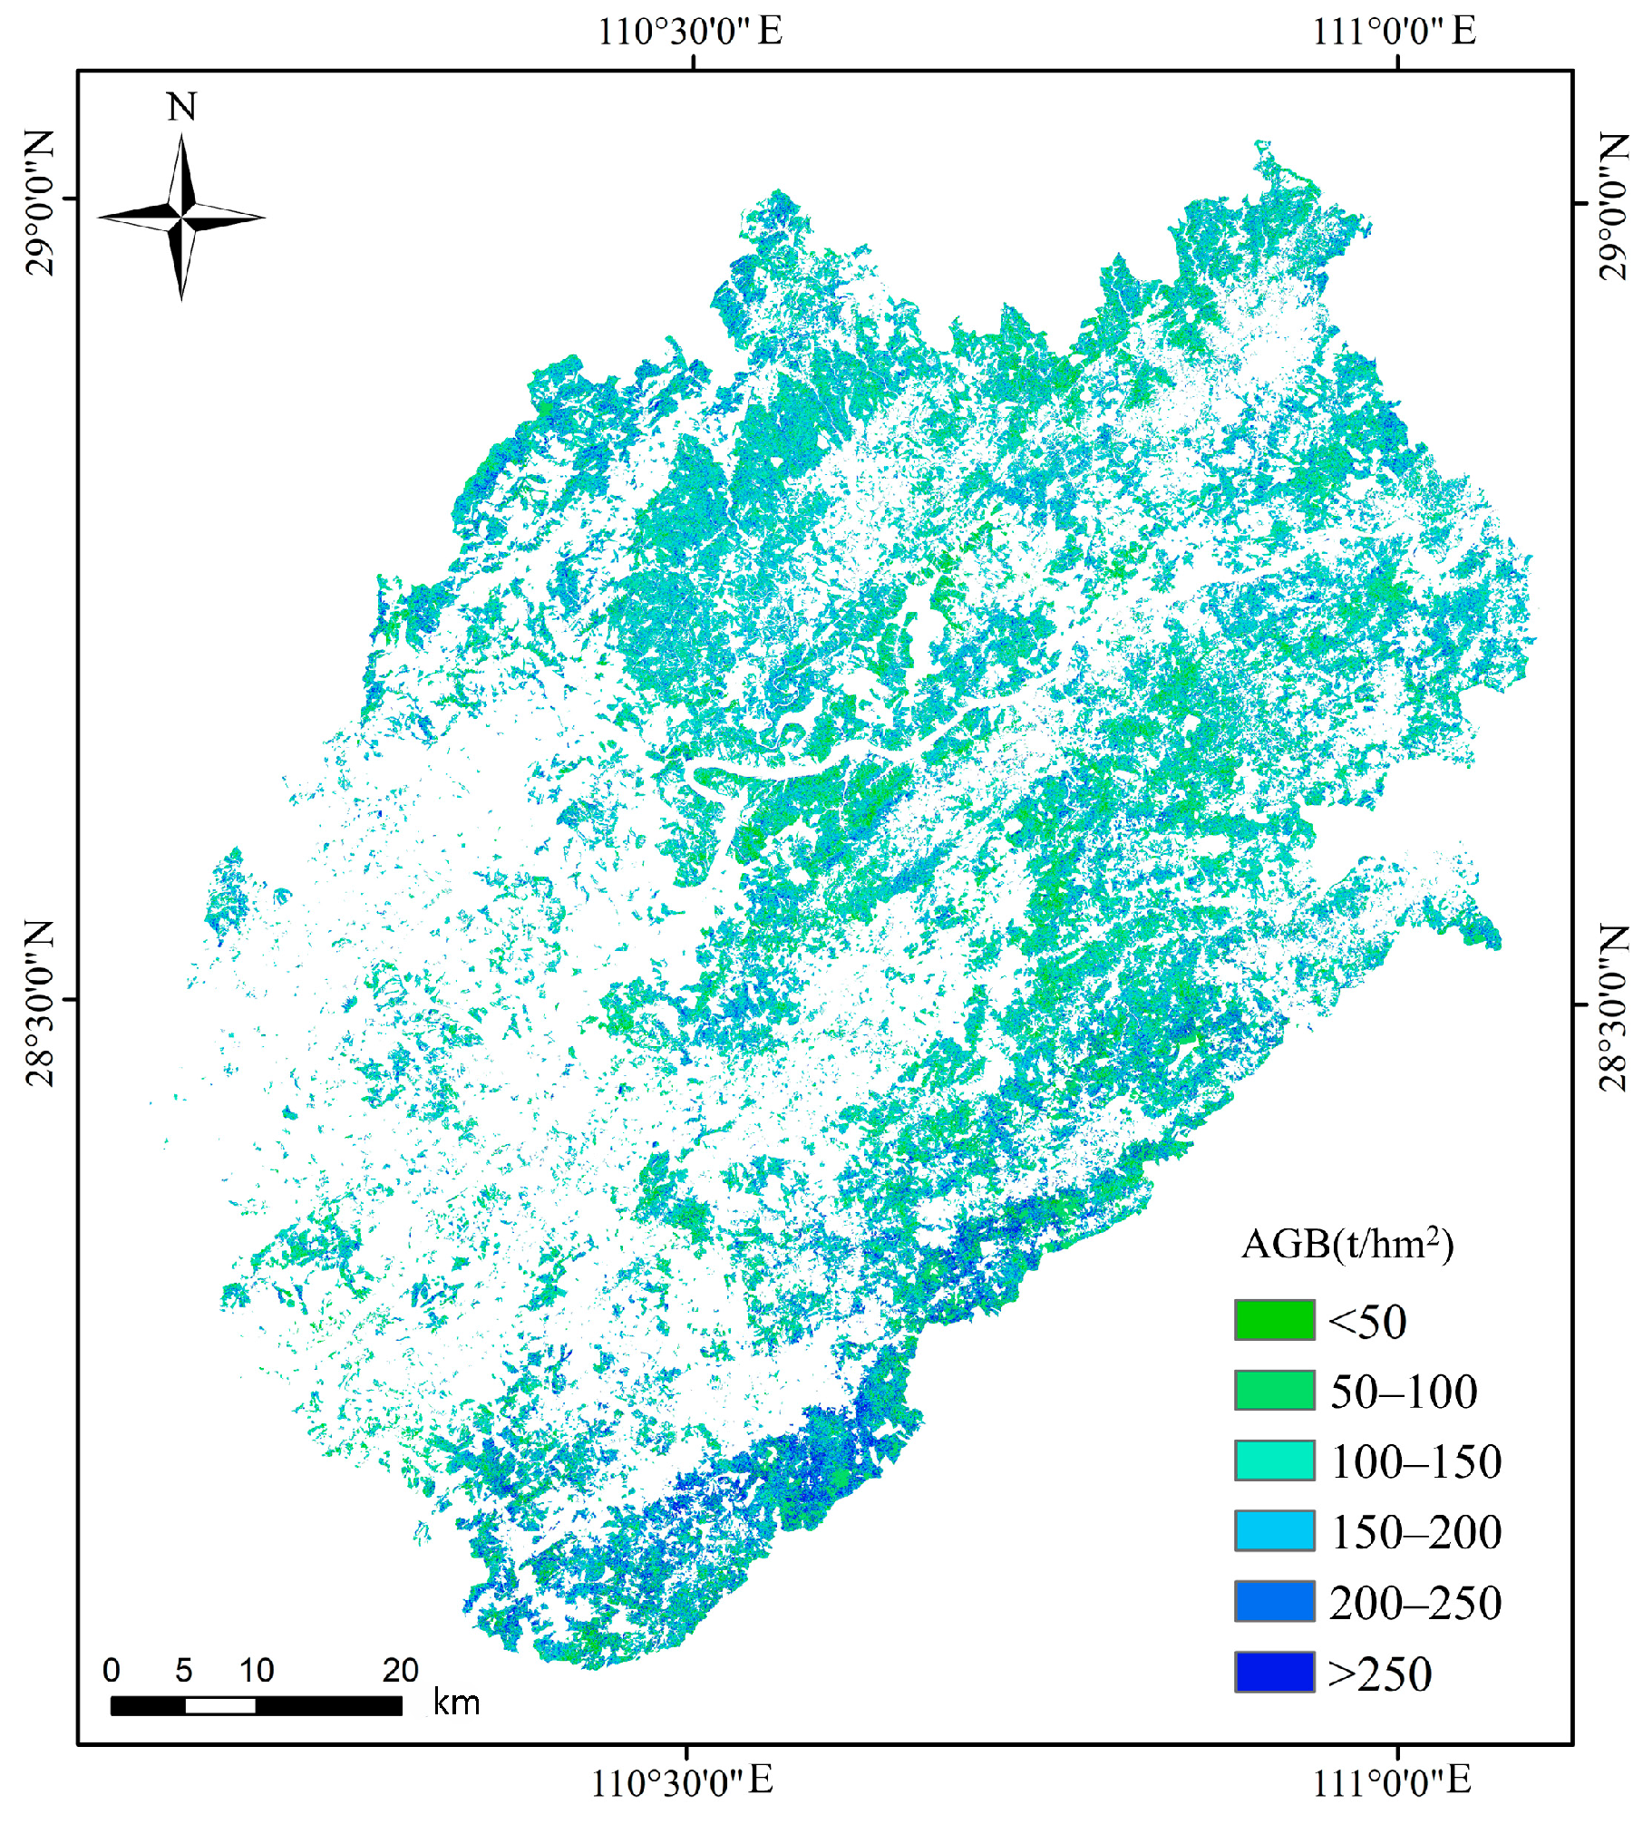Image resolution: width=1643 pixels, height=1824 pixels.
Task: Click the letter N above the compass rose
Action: [x=181, y=107]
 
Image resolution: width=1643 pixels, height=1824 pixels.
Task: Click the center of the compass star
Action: [x=181, y=217]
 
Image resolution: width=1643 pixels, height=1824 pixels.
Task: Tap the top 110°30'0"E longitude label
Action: [x=689, y=32]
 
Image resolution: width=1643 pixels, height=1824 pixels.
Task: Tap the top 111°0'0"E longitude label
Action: [x=1394, y=32]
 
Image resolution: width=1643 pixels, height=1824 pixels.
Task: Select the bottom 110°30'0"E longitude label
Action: [x=682, y=1781]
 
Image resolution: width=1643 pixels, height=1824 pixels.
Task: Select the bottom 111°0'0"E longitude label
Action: [x=1392, y=1781]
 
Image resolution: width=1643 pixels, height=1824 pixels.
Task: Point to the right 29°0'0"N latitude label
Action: [x=1613, y=206]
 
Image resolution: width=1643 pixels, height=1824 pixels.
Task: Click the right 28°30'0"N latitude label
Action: [x=1613, y=1007]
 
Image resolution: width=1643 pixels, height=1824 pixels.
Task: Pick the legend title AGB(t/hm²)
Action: [x=1346, y=1244]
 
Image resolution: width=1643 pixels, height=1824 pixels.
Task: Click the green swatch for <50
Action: [x=1274, y=1320]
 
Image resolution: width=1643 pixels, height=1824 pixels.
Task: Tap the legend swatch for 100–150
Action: [x=1274, y=1460]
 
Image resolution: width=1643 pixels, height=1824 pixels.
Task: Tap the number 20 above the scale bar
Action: [x=400, y=1670]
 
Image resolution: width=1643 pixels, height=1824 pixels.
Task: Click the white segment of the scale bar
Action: [x=220, y=1706]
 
